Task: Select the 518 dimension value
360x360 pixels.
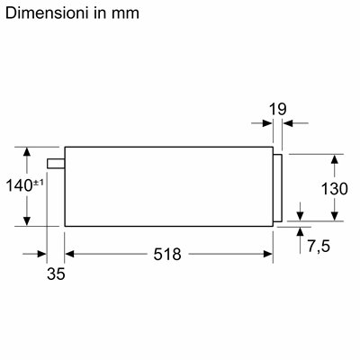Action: [167, 255]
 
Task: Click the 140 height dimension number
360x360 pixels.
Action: [19, 185]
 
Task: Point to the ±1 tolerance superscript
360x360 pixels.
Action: [38, 183]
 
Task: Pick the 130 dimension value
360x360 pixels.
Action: [335, 189]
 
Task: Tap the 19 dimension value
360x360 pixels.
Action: [277, 109]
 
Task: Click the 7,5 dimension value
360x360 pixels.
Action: [319, 247]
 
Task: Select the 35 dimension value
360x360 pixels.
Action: [56, 274]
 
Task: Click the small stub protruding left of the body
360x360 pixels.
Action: [56, 164]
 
